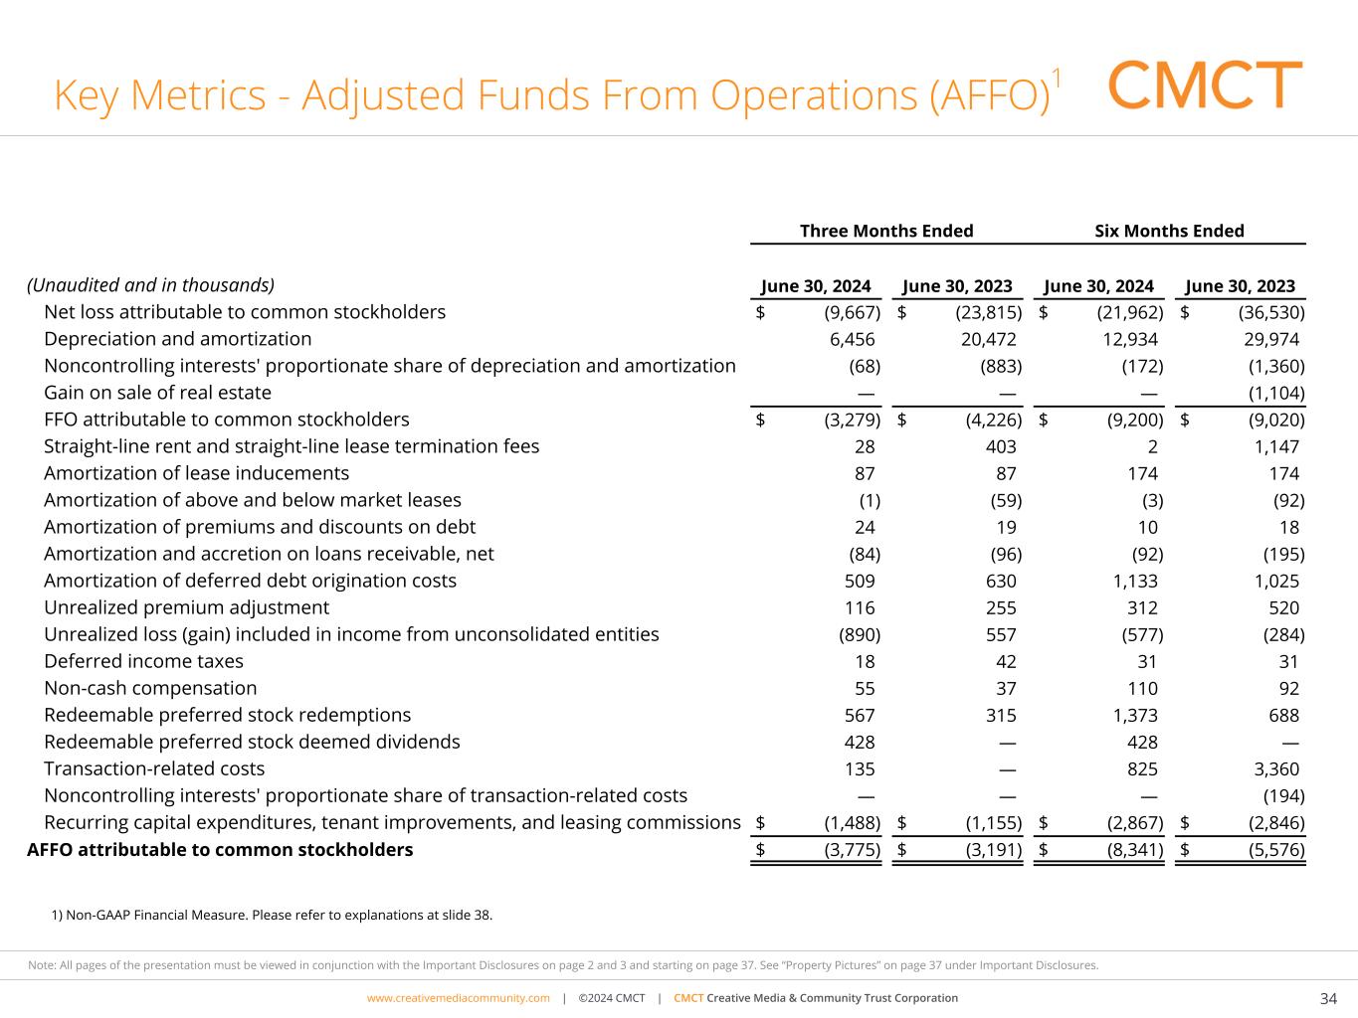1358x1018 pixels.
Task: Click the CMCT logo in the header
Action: click(x=1204, y=85)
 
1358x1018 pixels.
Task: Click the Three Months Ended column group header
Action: click(x=886, y=232)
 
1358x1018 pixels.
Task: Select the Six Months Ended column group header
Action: click(x=1169, y=232)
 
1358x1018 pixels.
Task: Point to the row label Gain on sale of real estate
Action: click(x=157, y=393)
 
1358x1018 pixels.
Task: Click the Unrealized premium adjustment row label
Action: click(x=186, y=607)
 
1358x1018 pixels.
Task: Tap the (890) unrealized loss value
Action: click(x=860, y=634)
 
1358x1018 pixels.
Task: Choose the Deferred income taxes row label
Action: click(x=143, y=661)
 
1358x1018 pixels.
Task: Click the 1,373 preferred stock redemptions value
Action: click(x=1134, y=715)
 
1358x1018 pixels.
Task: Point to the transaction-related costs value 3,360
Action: click(x=1275, y=768)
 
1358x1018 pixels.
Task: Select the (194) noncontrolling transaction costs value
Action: click(x=1283, y=795)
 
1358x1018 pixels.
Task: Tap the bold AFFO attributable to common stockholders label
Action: click(x=219, y=850)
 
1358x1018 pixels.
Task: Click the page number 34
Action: click(x=1328, y=999)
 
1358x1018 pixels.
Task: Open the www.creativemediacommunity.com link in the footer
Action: click(x=458, y=998)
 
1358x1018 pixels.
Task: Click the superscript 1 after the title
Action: click(x=1057, y=78)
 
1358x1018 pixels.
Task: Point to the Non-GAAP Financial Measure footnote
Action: click(x=271, y=915)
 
